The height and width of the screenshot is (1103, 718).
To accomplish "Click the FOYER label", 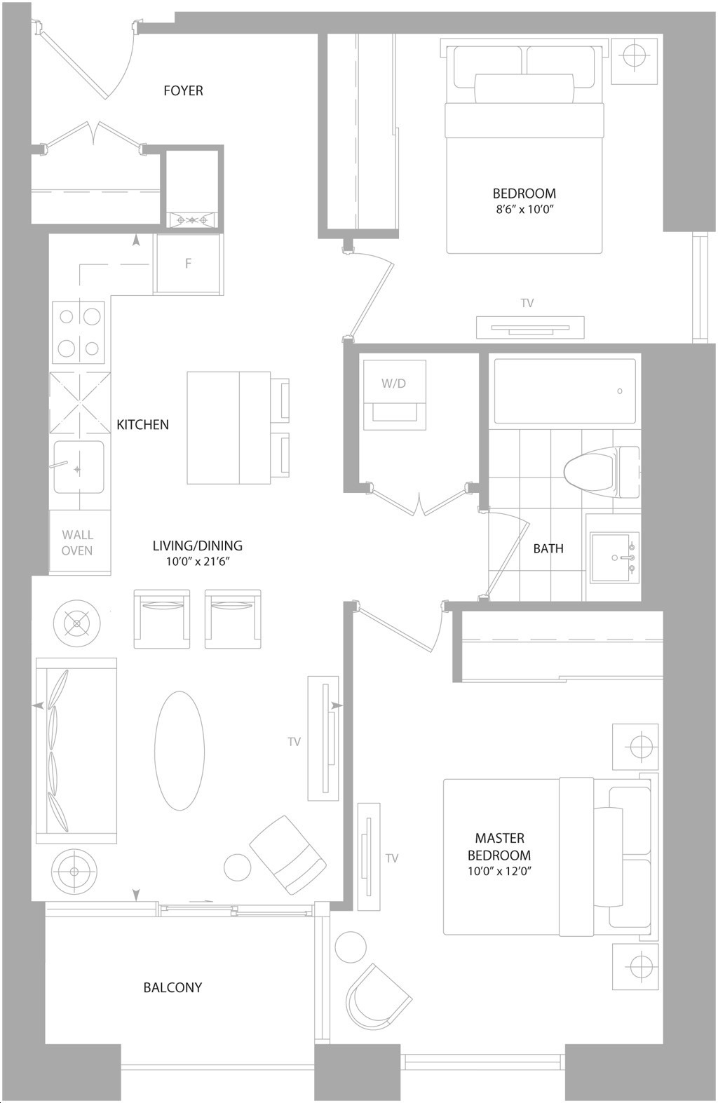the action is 183,90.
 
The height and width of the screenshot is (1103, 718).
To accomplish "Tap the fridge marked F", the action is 188,264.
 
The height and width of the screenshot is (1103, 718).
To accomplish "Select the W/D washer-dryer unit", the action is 394,394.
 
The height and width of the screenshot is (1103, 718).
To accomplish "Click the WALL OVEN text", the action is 77,542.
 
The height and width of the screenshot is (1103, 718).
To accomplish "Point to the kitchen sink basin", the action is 79,467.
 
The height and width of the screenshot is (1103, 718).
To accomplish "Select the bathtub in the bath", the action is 564,391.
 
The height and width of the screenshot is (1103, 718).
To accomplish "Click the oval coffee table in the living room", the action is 179,751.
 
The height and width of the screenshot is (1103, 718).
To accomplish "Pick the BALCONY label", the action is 172,987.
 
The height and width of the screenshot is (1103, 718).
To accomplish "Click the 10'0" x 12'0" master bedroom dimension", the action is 499,871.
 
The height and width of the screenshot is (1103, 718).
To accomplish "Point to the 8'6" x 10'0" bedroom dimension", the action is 524,209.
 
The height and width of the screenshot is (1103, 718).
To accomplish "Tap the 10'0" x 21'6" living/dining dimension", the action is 198,562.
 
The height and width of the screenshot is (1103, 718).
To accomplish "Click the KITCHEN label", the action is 142,424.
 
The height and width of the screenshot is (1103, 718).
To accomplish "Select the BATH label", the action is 548,548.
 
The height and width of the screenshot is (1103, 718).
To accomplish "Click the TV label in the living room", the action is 294,742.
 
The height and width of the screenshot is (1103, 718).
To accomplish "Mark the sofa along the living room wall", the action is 76,750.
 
